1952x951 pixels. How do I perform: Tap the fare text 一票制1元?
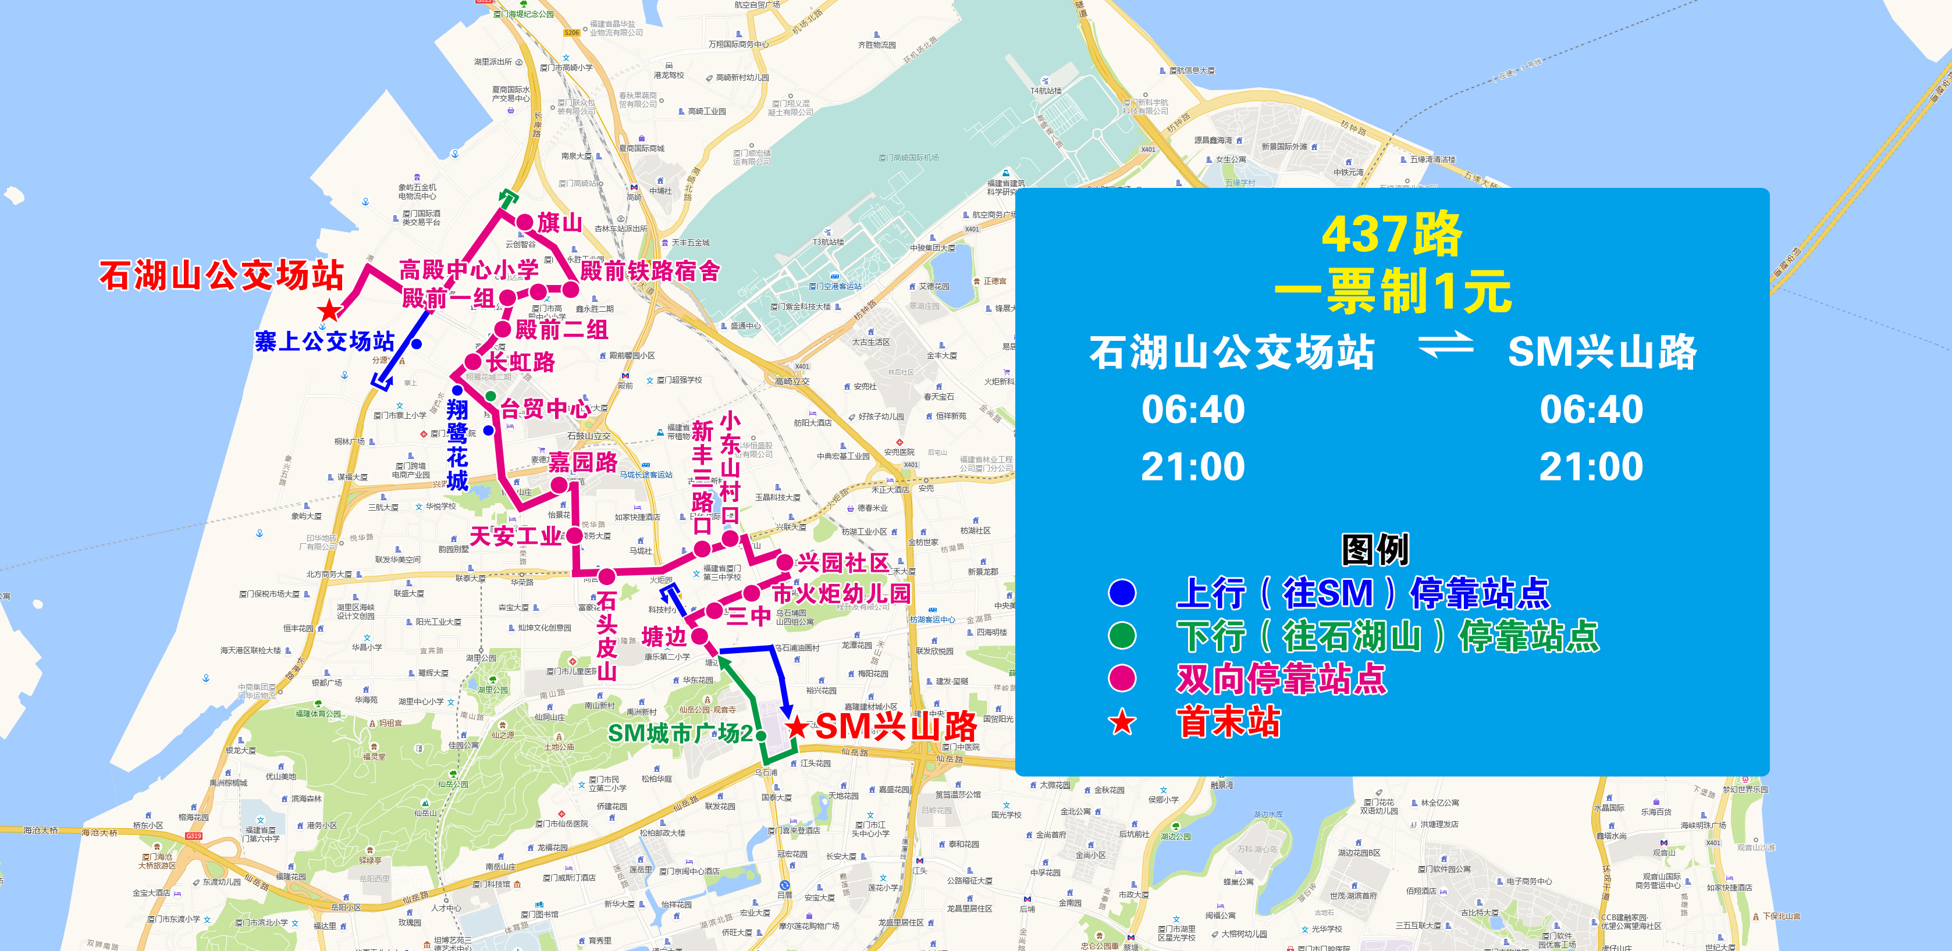point(1393,290)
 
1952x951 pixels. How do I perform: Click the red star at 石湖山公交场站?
point(329,310)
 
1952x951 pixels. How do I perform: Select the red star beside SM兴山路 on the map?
point(797,728)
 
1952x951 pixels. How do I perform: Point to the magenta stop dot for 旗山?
point(525,222)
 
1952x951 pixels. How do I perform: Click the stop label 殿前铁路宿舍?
point(649,270)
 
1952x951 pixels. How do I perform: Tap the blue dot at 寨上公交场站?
point(416,344)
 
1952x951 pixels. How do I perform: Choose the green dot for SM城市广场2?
point(761,735)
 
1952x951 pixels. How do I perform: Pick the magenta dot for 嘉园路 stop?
point(559,485)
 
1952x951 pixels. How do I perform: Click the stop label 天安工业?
point(515,536)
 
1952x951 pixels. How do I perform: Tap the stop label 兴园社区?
point(842,562)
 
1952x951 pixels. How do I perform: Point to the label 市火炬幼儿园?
point(841,593)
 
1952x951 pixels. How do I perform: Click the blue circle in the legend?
point(1122,593)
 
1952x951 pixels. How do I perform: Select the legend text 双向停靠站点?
point(1281,678)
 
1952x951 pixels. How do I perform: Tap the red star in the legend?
point(1122,722)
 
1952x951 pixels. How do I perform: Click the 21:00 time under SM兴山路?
point(1591,466)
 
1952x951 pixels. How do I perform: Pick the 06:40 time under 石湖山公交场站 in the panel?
point(1193,409)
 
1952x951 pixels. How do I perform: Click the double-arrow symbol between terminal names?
point(1445,346)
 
